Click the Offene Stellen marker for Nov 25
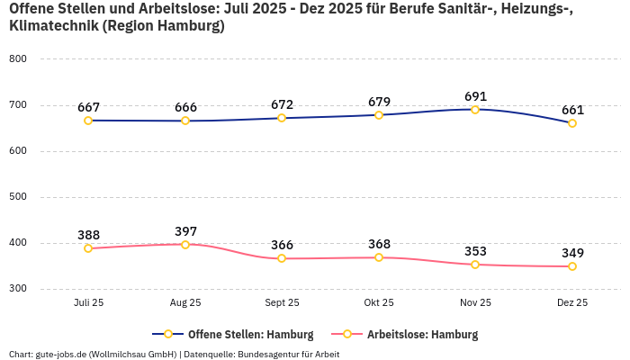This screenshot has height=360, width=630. coord(475,110)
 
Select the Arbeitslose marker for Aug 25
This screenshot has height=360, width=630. coord(185,245)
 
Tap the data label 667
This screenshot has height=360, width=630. coord(89,107)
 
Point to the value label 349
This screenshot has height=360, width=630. coord(572,253)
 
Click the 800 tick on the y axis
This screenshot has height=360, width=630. coord(18,58)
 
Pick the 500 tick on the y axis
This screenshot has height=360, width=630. coord(18,196)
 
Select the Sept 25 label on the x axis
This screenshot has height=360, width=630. coord(282,302)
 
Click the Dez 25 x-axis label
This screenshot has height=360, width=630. coord(572,302)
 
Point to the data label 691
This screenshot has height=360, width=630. coord(475,95)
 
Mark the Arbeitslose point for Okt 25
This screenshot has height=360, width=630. coord(379,257)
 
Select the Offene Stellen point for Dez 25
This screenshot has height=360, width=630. coord(572,123)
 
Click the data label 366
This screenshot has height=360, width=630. coord(282,245)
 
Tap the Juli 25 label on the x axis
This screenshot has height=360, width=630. coord(89,302)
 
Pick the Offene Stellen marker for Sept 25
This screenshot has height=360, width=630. coord(282,118)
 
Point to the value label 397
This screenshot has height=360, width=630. coord(185,231)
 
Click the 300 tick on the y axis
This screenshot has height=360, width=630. coord(18,289)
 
